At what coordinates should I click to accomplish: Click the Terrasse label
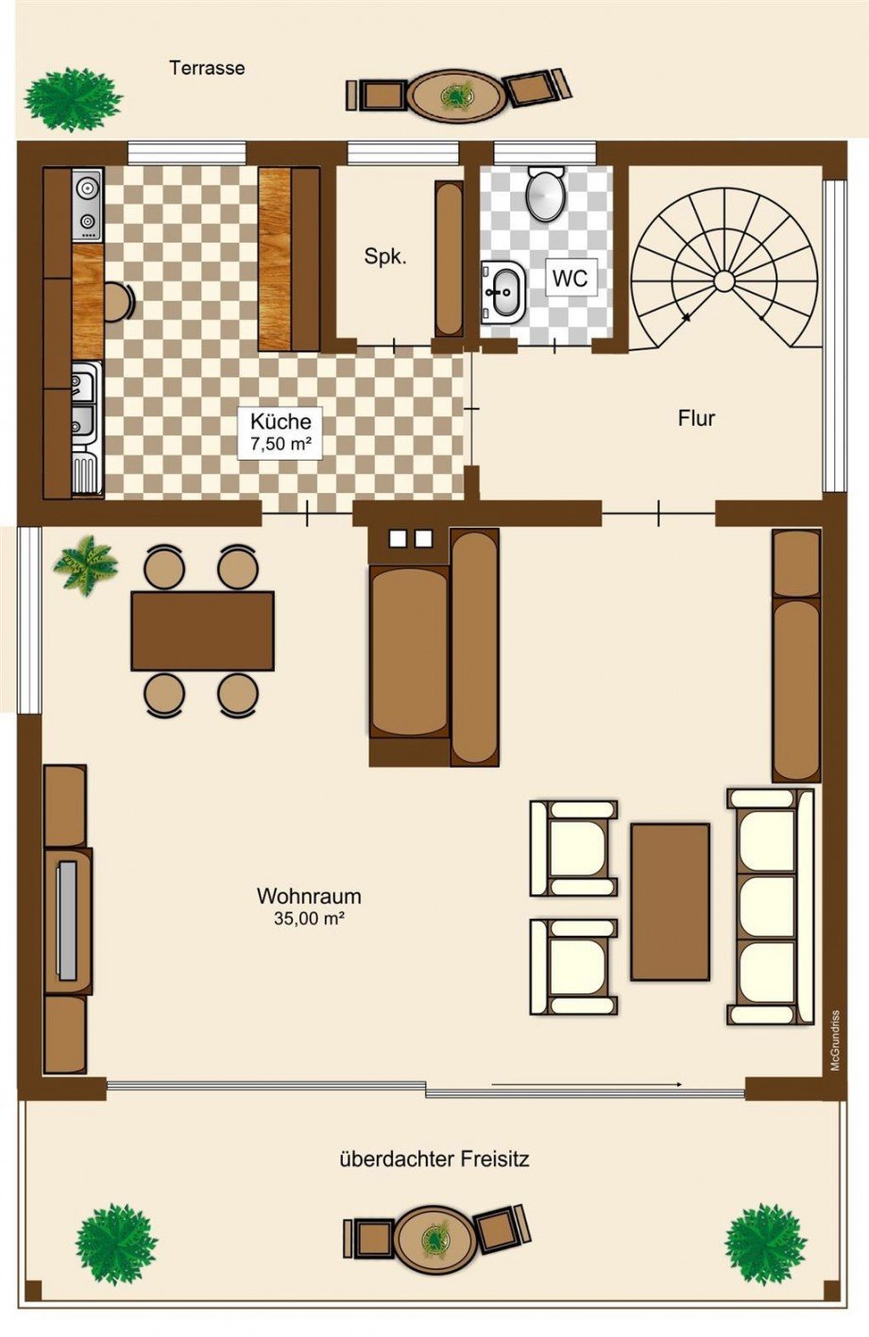[x=207, y=68]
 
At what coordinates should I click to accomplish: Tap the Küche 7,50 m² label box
[x=281, y=432]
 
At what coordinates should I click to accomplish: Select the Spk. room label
[x=385, y=257]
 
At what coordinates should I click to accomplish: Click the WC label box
[x=571, y=278]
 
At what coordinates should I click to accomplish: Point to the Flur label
[x=696, y=417]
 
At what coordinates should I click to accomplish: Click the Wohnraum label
[x=309, y=896]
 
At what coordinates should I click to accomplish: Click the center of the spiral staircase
[x=724, y=279]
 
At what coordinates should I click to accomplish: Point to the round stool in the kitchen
[x=119, y=302]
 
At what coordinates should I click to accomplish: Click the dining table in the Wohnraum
[x=202, y=631]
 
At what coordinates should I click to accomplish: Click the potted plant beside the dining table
[x=85, y=566]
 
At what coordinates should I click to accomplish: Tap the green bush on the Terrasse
[x=73, y=100]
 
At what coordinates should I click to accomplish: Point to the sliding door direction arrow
[x=587, y=1083]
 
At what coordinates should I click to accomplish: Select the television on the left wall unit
[x=66, y=921]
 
